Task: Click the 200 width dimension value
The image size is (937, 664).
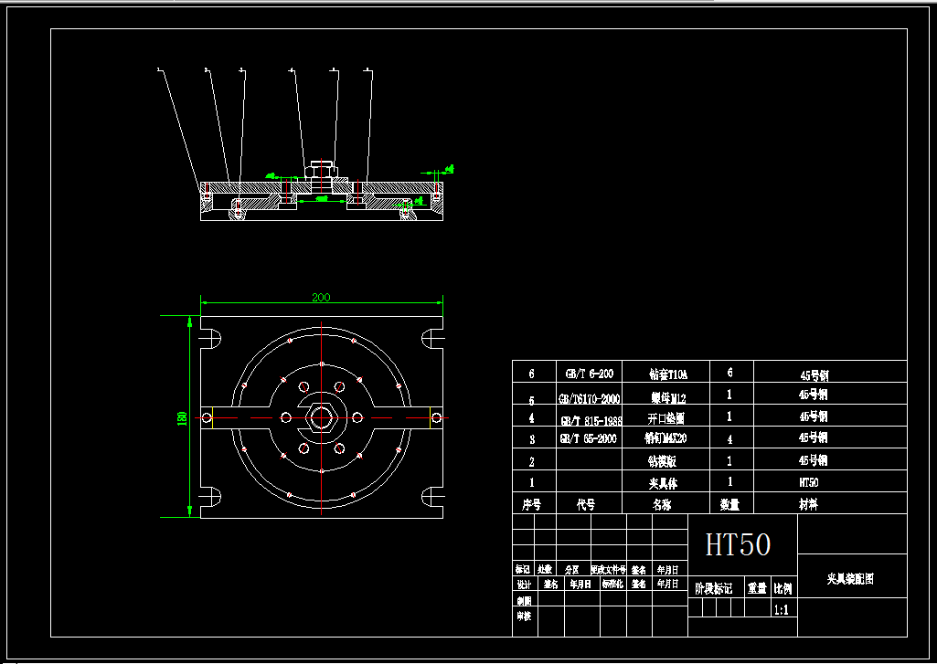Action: coord(321,297)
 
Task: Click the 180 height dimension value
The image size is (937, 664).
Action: coord(182,417)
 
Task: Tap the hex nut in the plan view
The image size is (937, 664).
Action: coord(321,417)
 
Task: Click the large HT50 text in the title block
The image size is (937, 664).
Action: coord(738,545)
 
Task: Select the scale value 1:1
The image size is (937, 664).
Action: coord(783,609)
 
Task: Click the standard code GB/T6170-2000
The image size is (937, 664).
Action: coord(589,399)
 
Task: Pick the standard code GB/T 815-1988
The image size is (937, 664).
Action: coord(589,420)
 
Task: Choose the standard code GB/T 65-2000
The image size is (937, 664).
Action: coord(589,438)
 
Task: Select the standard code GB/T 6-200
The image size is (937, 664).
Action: coord(589,374)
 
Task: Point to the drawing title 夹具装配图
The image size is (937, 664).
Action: coord(850,579)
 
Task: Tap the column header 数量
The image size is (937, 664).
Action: coord(729,504)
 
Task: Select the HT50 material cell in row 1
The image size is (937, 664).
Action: coord(809,481)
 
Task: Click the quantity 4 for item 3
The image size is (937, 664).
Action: coord(729,438)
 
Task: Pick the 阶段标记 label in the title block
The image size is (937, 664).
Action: coord(714,589)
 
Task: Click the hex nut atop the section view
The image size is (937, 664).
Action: coord(321,168)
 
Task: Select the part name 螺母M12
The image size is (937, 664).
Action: coord(667,398)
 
